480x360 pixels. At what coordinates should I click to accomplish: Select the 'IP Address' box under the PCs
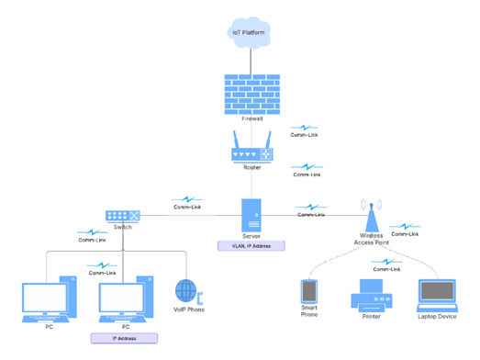pyautogui.click(x=125, y=338)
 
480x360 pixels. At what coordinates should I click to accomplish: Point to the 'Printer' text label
pyautogui.click(x=372, y=317)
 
